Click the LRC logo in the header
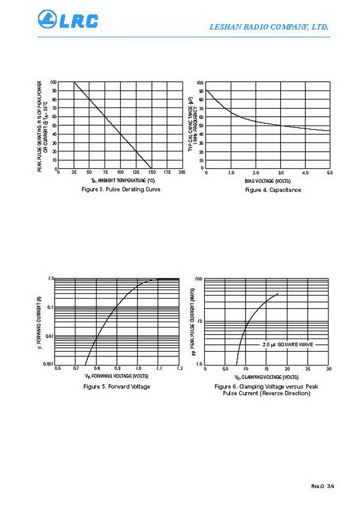(68, 20)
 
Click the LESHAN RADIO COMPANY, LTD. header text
(269, 28)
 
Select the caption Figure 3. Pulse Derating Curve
(121, 189)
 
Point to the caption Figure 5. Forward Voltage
(117, 386)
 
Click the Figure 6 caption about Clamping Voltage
(266, 390)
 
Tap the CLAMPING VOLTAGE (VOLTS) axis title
(266, 376)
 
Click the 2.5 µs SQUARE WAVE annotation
(288, 344)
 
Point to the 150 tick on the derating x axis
(151, 172)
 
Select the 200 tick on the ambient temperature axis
(182, 172)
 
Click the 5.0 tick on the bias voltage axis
(329, 172)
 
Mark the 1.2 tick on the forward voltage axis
(180, 368)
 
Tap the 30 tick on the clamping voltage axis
(328, 368)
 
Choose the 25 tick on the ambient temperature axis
(74, 172)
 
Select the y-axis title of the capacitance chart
(193, 124)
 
